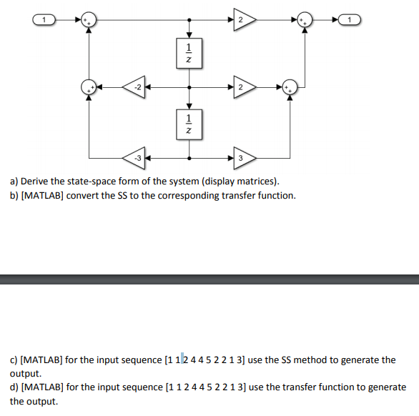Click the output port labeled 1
coord(351,20)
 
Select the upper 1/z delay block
coord(189,54)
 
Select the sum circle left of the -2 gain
coord(88,88)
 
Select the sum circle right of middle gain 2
coord(290,88)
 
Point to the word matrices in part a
coord(245,182)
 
